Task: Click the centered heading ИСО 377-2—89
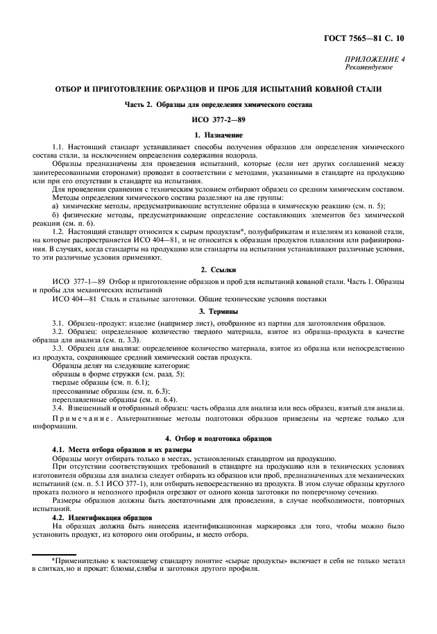point(218,119)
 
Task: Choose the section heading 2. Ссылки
point(218,268)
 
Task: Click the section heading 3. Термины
point(218,310)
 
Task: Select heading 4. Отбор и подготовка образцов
point(218,440)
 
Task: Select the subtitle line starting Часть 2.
point(218,105)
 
